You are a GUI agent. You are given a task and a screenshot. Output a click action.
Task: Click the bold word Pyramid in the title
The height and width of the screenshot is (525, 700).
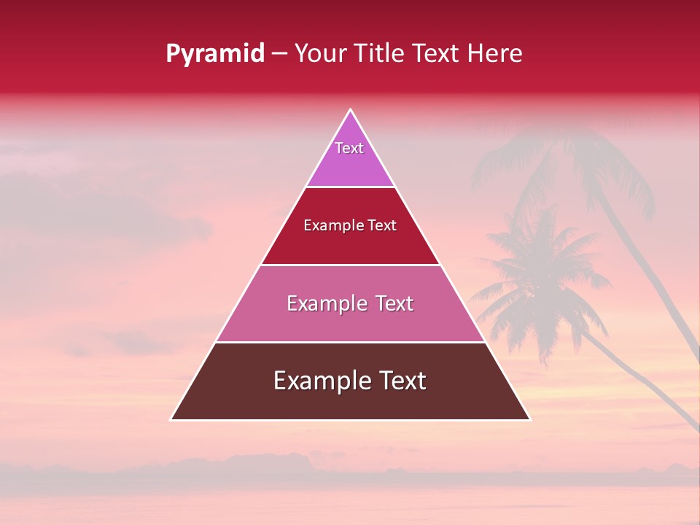tap(215, 54)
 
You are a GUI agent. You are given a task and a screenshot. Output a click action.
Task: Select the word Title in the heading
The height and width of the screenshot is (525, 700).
tap(383, 53)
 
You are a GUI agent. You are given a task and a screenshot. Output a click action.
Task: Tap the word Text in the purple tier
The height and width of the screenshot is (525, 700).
tap(349, 148)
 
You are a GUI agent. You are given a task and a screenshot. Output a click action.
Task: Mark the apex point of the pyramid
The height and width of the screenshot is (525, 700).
tap(351, 110)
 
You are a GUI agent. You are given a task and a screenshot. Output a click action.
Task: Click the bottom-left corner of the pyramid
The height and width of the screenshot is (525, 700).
tap(172, 419)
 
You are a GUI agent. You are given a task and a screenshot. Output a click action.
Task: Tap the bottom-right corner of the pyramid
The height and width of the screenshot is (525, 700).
tap(529, 419)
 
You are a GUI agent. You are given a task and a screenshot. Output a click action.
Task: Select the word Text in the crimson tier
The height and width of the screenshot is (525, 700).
tap(381, 226)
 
